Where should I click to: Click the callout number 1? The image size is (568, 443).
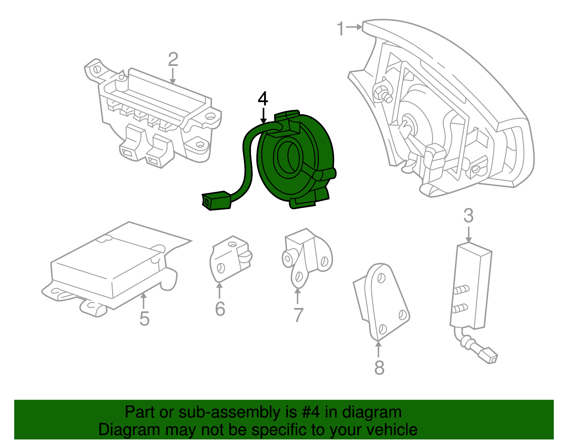pos(340,28)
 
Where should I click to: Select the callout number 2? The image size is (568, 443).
pos(173,59)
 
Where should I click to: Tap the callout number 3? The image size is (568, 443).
pos(468,216)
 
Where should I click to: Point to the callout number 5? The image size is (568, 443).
pos(144,319)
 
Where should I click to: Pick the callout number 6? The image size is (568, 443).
pos(220,309)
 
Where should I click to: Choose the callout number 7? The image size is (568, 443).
pos(298,315)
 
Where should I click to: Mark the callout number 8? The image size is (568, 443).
pos(379,367)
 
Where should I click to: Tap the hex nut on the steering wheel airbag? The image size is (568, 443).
pos(381,92)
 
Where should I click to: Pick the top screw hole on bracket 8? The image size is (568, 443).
pos(381,278)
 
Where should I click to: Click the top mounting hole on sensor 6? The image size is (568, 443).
pos(233,244)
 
